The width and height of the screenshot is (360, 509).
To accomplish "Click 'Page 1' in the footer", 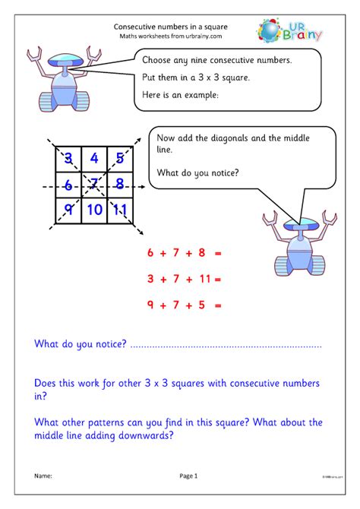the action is click(188, 476).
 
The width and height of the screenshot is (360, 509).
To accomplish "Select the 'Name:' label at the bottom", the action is click(43, 476).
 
